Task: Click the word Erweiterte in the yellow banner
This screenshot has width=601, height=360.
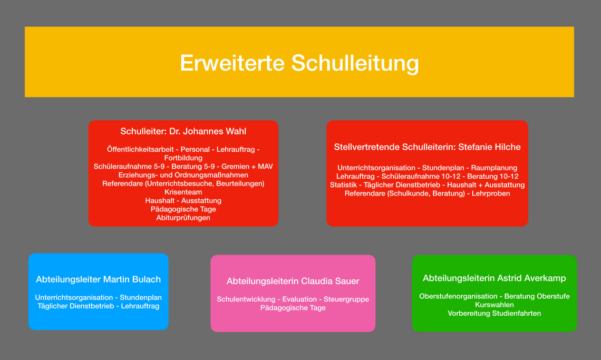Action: pyautogui.click(x=232, y=63)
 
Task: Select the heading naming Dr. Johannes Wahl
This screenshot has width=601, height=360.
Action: pyautogui.click(x=183, y=131)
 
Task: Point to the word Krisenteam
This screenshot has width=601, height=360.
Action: pyautogui.click(x=183, y=192)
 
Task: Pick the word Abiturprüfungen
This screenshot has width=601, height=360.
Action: pyautogui.click(x=183, y=218)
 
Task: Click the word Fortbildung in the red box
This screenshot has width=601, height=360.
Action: pyautogui.click(x=183, y=158)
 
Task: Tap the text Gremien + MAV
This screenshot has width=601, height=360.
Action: pyautogui.click(x=247, y=167)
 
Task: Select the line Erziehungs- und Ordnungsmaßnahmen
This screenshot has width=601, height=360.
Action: pyautogui.click(x=183, y=175)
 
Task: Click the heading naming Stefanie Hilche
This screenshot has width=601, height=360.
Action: pyautogui.click(x=428, y=147)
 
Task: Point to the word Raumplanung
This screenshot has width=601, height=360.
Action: pyautogui.click(x=494, y=168)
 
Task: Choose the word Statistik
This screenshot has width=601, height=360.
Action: pyautogui.click(x=343, y=185)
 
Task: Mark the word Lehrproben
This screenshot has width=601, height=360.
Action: pyautogui.click(x=491, y=193)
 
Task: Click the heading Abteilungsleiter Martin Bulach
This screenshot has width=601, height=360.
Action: pyautogui.click(x=99, y=279)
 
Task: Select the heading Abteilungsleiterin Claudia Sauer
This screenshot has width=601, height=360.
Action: pyautogui.click(x=293, y=281)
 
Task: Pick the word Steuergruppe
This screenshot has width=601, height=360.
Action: pyautogui.click(x=346, y=299)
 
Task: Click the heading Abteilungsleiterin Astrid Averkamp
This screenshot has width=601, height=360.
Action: pyautogui.click(x=495, y=278)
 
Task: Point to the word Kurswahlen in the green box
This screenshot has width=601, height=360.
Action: pyautogui.click(x=495, y=305)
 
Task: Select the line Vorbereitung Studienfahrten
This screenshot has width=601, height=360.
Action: pyautogui.click(x=495, y=314)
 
